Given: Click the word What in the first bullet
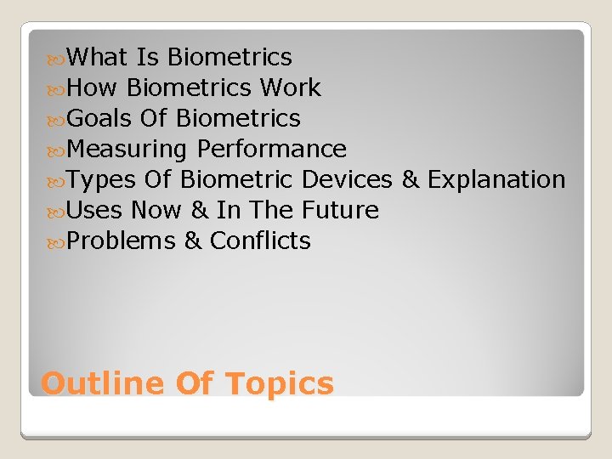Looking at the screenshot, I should coord(97,57).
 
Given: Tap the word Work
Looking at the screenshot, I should coord(290,88).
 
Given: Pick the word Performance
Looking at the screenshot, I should coord(271,149).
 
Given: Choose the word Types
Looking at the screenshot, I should coord(100,179).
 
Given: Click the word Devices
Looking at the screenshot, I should coord(347,179).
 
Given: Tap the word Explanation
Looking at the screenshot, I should coord(496,179).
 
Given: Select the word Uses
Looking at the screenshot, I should coord(94,210).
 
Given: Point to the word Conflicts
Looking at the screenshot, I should coord(260,241).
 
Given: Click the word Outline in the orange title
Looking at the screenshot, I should coord(103,383).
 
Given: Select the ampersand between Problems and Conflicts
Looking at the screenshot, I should coord(193,241).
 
